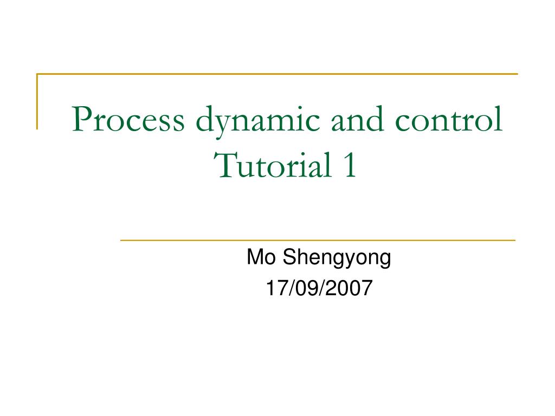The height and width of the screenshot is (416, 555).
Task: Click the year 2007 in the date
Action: click(349, 288)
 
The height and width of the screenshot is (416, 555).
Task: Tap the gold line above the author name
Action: click(317, 240)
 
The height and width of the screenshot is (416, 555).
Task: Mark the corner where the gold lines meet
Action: click(37, 74)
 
